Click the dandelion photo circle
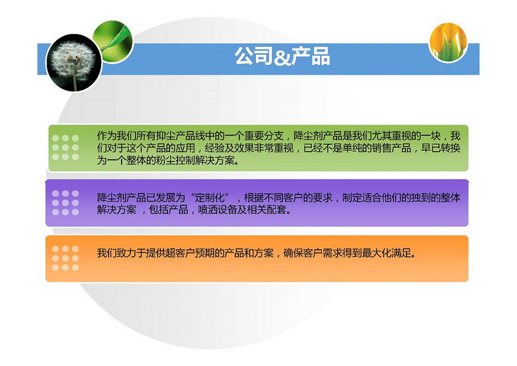(74, 63)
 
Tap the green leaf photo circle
(113, 41)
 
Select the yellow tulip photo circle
(448, 42)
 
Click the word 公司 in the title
(254, 56)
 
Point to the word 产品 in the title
(311, 56)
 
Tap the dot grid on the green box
(65, 147)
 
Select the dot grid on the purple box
(65, 203)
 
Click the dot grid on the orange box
(65, 258)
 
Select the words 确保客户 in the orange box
(302, 253)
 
